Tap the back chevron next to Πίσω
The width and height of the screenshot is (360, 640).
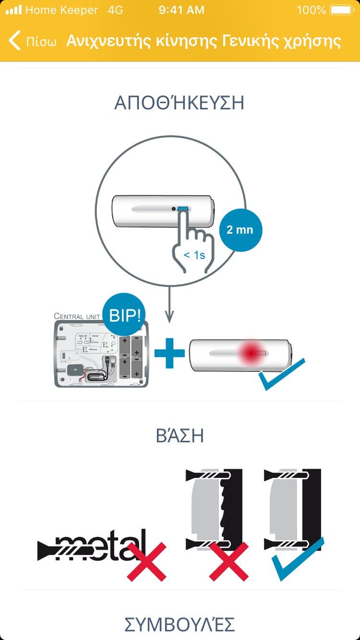click(x=15, y=41)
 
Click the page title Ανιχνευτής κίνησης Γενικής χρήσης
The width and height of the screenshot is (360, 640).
click(x=204, y=41)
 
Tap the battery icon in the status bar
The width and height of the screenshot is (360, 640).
click(x=341, y=10)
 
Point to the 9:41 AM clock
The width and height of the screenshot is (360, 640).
click(x=181, y=10)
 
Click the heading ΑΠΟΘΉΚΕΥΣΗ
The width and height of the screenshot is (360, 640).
click(x=180, y=103)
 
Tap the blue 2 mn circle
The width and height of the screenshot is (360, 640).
click(x=240, y=230)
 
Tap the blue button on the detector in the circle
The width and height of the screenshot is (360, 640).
click(x=183, y=210)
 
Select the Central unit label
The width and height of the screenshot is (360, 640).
click(x=77, y=316)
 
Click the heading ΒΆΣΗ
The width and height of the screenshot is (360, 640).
click(x=180, y=436)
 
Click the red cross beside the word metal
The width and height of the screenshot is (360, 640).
click(x=146, y=562)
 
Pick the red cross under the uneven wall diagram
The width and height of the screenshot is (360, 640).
click(x=228, y=562)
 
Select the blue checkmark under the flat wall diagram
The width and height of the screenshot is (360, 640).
click(x=298, y=559)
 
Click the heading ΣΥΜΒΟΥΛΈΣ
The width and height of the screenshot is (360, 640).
click(x=180, y=625)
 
